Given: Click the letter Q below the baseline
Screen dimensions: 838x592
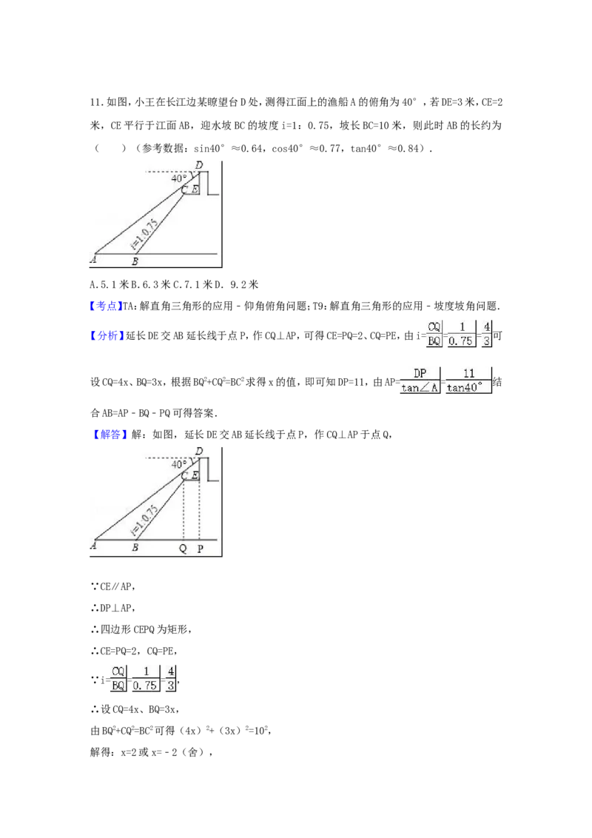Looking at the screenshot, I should tap(183, 549).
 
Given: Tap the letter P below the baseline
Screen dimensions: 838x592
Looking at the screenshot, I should tap(200, 549).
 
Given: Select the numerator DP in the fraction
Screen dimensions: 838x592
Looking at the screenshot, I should tap(420, 373).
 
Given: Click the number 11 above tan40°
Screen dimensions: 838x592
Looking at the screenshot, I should tap(468, 373).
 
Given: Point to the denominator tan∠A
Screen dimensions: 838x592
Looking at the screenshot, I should tap(420, 388).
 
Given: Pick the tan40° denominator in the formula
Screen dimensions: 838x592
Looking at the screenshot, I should tap(468, 388).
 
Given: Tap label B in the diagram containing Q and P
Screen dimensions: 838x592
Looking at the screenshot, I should tap(135, 548).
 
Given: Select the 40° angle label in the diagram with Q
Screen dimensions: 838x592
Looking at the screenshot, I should tap(179, 464).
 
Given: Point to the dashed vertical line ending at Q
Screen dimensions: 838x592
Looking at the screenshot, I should tap(184, 511).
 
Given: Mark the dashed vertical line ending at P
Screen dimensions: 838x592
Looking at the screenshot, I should tap(199, 511).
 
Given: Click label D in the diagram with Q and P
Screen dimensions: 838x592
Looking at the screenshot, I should tap(198, 450).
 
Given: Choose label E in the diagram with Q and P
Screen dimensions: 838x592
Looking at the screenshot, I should tap(195, 475).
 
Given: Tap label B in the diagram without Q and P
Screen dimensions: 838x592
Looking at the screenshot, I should tap(135, 261).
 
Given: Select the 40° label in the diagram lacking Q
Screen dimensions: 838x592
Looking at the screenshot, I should tap(179, 178).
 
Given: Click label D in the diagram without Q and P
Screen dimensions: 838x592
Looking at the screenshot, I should tap(198, 164).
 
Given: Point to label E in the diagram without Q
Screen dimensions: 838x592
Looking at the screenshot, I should tap(195, 190).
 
